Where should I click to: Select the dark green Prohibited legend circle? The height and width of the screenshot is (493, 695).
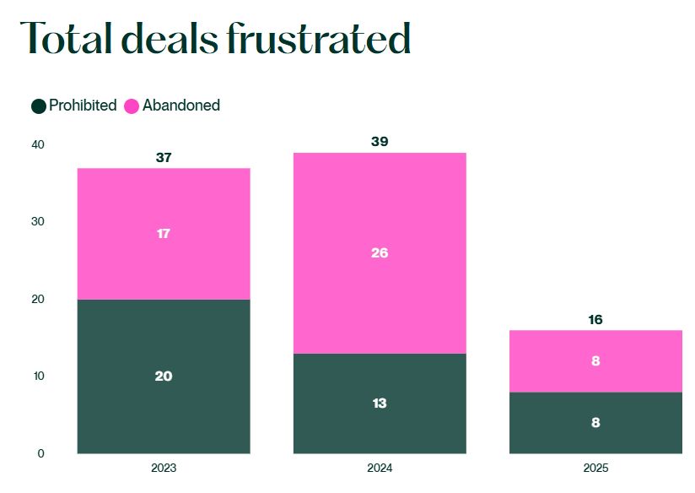(39, 106)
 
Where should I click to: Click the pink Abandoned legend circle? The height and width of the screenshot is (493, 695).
(132, 106)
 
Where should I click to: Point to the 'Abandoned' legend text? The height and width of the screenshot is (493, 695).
(181, 106)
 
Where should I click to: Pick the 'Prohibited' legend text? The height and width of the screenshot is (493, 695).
(83, 106)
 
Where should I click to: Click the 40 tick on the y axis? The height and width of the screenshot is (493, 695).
(37, 144)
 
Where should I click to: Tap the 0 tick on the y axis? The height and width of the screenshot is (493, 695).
(40, 453)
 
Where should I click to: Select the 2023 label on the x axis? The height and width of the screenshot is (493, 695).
(164, 468)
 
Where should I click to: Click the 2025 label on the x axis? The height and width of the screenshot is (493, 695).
(595, 468)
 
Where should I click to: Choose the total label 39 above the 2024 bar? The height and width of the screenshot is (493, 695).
(380, 142)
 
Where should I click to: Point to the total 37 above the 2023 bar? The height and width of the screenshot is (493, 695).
(164, 157)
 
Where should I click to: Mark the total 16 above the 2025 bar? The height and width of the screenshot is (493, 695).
(595, 320)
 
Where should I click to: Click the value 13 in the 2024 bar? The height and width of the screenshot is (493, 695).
(380, 404)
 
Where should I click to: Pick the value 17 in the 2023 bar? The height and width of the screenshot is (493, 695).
(164, 234)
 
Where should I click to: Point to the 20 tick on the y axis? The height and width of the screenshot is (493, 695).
(37, 299)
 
